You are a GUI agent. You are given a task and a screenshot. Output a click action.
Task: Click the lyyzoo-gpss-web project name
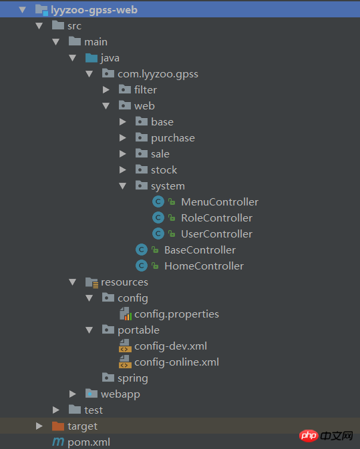tap(94, 10)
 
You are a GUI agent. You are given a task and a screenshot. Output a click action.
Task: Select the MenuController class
tap(220, 202)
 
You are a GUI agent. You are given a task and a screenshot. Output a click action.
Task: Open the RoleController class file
tap(216, 218)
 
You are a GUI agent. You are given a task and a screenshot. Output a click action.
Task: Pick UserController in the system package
tap(216, 234)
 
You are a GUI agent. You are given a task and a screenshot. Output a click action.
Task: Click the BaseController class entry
tap(200, 250)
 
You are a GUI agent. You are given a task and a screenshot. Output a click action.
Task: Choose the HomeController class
tap(204, 266)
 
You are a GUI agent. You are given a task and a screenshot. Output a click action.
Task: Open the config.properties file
tap(176, 314)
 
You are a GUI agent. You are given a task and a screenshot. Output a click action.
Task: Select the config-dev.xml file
tap(170, 346)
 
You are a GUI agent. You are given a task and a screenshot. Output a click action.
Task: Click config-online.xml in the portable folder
tap(176, 362)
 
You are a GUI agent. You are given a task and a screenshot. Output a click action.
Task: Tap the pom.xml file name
tap(89, 442)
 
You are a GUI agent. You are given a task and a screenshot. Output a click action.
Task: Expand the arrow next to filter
tap(106, 90)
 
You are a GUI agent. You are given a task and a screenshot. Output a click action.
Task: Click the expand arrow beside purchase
tap(123, 138)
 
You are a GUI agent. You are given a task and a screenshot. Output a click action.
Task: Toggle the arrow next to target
tap(39, 426)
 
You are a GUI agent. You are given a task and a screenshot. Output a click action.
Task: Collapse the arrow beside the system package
tap(123, 186)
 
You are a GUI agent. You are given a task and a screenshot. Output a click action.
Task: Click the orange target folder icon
tap(58, 426)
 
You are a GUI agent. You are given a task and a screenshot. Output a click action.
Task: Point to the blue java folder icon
tap(92, 58)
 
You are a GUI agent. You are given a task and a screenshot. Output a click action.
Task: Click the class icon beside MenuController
tap(158, 202)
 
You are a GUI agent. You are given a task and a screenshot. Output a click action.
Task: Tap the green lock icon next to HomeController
tap(155, 266)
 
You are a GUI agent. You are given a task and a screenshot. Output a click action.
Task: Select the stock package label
tap(164, 170)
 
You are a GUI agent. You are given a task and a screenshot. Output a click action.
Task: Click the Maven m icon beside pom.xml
tap(58, 442)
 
